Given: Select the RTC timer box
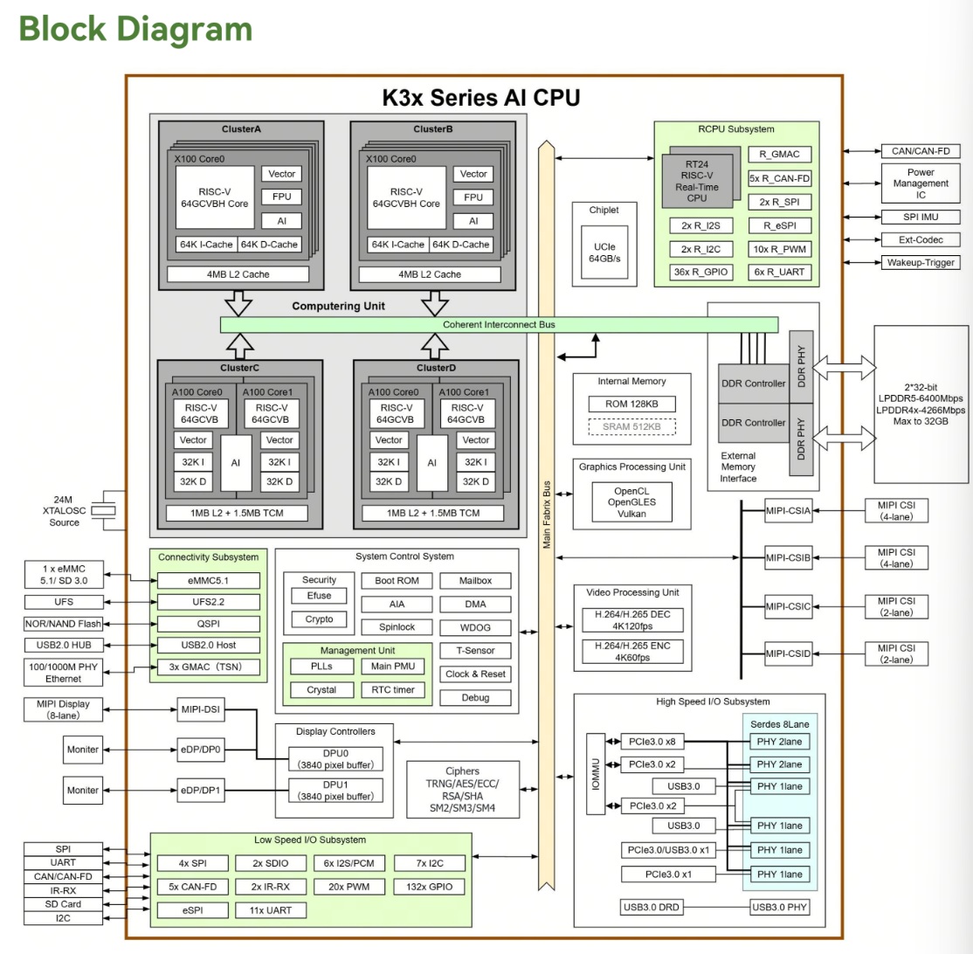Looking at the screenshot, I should (x=392, y=689).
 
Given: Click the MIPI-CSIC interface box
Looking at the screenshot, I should (x=788, y=604).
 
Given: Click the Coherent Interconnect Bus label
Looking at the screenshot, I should (x=499, y=324).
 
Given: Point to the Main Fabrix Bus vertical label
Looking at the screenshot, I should (x=547, y=515).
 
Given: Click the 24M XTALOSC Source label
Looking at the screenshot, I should (x=65, y=511).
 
